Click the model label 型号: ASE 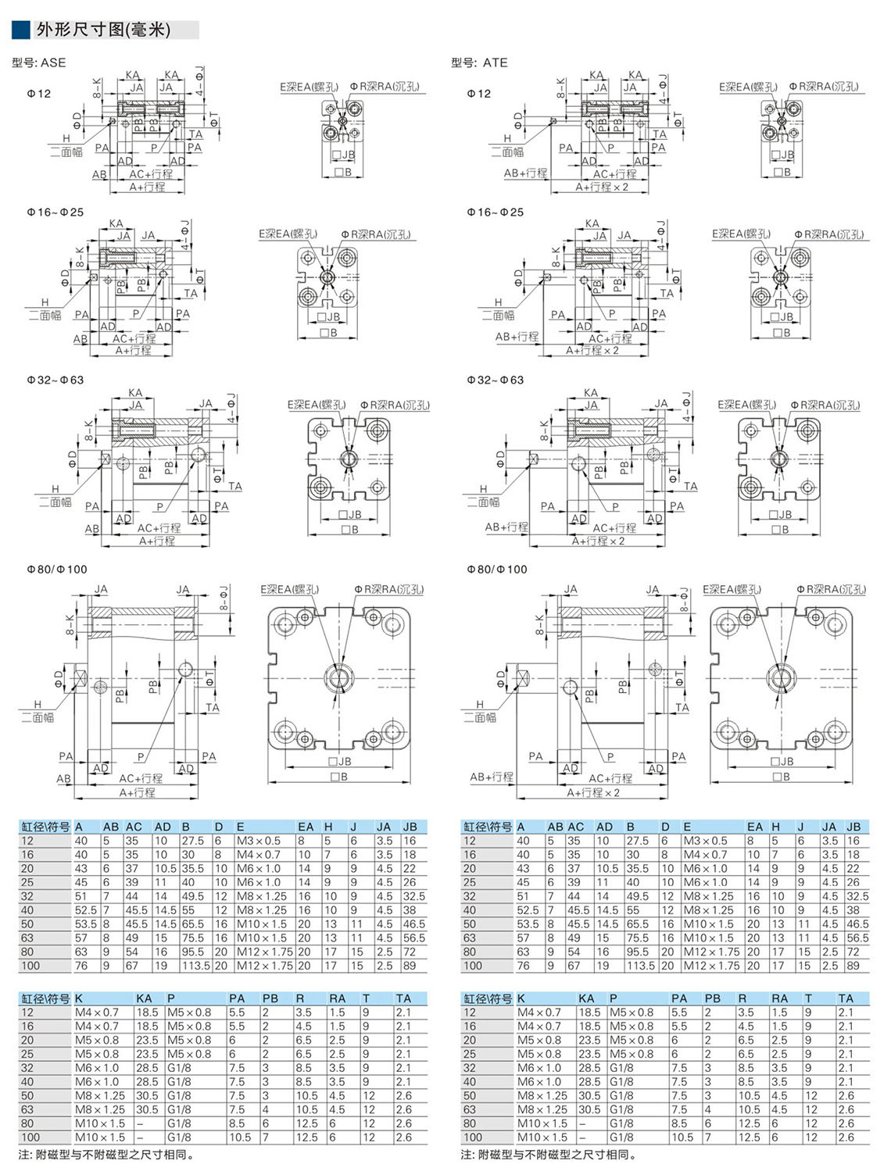[x=39, y=62]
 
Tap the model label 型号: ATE [x=479, y=62]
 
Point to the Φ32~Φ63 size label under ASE [x=55, y=380]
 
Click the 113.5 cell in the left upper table [x=195, y=966]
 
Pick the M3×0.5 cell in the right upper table [x=705, y=841]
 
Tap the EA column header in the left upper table [x=305, y=827]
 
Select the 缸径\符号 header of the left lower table [x=45, y=998]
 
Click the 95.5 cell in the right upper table [x=637, y=952]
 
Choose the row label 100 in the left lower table [x=30, y=1137]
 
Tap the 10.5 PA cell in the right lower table [x=682, y=1137]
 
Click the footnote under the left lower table [x=106, y=1155]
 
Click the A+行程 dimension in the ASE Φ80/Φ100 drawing [x=137, y=792]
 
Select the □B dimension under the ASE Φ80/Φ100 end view [x=338, y=777]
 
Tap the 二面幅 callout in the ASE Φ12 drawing [x=66, y=152]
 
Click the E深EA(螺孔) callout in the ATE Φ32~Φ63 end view [x=746, y=405]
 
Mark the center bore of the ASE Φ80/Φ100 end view [x=339, y=677]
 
